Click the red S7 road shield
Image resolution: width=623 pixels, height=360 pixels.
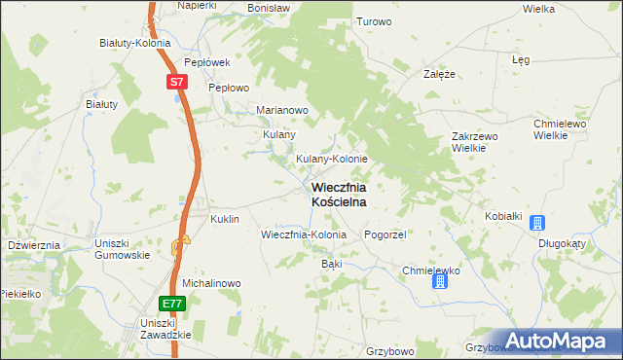[175, 83]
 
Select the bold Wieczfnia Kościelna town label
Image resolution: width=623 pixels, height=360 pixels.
[339, 194]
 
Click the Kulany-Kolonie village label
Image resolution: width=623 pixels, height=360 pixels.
[331, 159]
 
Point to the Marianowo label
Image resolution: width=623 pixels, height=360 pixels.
[281, 110]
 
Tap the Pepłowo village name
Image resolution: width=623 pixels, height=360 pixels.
[230, 87]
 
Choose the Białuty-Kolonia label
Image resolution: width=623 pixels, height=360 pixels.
[135, 43]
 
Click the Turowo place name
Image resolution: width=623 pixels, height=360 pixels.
[374, 21]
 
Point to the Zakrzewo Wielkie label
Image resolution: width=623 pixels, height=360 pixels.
[475, 143]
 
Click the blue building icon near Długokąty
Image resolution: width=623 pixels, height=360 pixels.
[536, 223]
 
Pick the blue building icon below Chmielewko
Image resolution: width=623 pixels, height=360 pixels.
[439, 281]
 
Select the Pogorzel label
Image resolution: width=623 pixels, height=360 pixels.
[385, 235]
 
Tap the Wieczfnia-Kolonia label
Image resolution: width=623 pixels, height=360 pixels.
[304, 235]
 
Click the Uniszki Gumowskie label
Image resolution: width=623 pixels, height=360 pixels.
[122, 248]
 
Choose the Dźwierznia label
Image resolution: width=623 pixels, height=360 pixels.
[34, 246]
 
